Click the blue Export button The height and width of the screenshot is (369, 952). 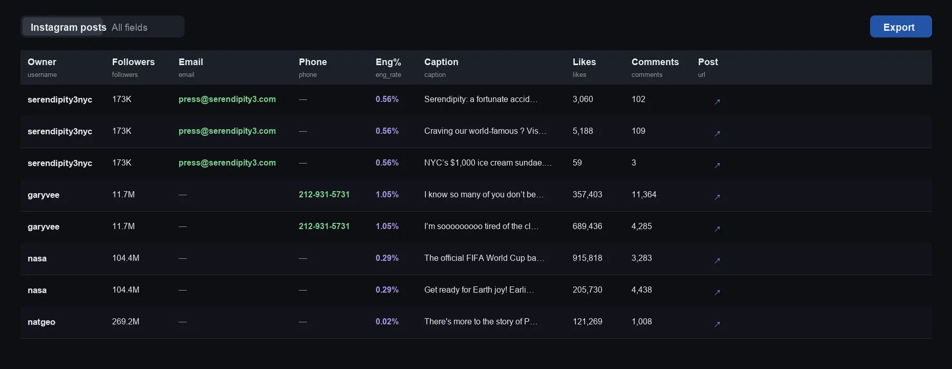click(x=901, y=26)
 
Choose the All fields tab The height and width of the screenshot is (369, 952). click(x=130, y=27)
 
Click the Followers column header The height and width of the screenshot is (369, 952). click(x=133, y=62)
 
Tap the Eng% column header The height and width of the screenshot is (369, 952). click(x=388, y=62)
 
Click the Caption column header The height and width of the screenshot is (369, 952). click(x=441, y=62)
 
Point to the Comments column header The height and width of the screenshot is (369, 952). click(x=655, y=62)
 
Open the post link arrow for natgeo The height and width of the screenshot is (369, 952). click(x=717, y=324)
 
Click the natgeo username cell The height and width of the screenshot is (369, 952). click(x=41, y=322)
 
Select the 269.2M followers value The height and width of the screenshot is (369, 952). click(x=126, y=321)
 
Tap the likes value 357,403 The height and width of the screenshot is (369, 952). click(x=587, y=194)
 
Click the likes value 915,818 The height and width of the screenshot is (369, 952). click(x=587, y=258)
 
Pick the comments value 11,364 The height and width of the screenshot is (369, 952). click(x=644, y=194)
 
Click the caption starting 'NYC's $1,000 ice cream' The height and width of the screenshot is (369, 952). click(x=488, y=163)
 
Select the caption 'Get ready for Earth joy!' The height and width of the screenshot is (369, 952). click(x=479, y=290)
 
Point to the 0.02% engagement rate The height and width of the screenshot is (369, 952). click(x=387, y=321)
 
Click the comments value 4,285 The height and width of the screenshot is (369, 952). click(x=642, y=226)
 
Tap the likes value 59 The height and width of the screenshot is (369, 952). click(x=577, y=163)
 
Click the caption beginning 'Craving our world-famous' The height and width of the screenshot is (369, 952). click(x=485, y=131)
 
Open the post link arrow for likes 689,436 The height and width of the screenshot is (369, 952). click(x=717, y=229)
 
